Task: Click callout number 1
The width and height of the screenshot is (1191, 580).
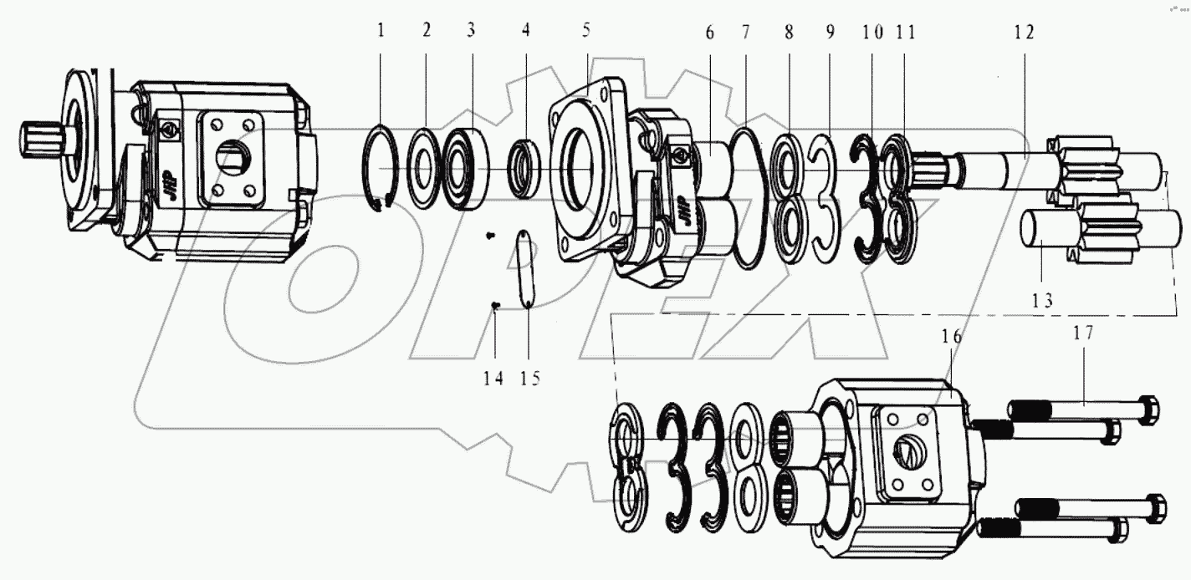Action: tap(381, 32)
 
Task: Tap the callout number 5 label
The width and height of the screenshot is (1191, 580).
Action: tap(586, 32)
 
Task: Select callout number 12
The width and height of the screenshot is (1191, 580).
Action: tap(1024, 33)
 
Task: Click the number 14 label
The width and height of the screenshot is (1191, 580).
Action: tap(493, 378)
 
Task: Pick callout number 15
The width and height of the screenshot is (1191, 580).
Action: tap(529, 378)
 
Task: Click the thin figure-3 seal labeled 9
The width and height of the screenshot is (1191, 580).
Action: tap(822, 192)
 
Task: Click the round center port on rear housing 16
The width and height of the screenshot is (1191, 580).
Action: tap(907, 451)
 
